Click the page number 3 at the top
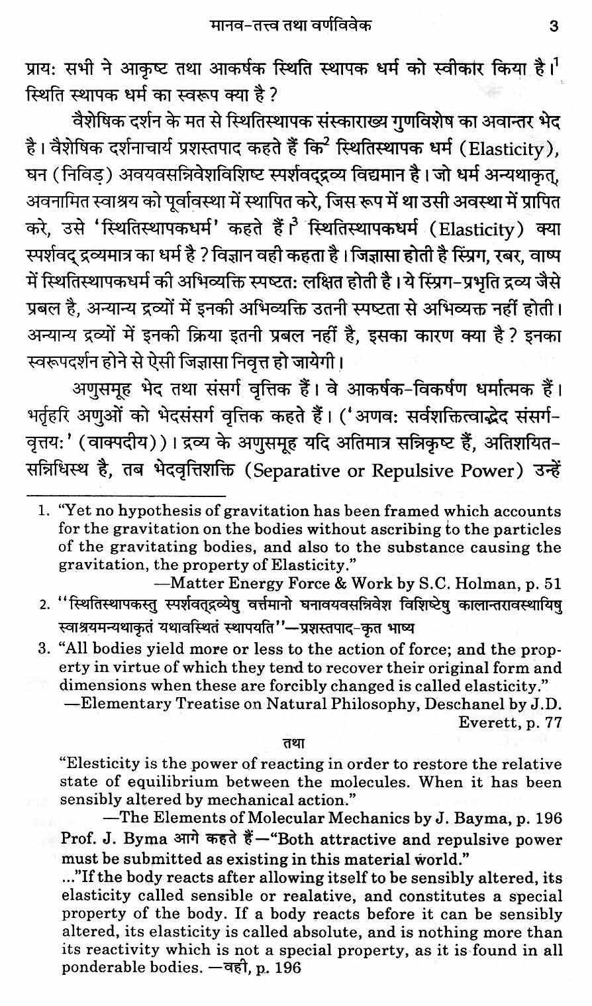[554, 27]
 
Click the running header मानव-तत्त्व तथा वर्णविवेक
[290, 27]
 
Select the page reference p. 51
[544, 584]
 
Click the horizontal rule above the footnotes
[126, 494]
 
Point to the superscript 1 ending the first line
[558, 65]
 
